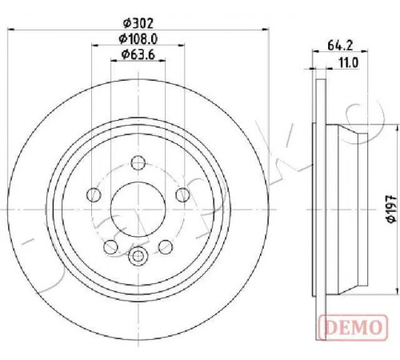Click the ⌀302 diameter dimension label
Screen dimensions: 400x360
pos(138,23)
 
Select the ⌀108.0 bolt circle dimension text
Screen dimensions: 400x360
pos(138,39)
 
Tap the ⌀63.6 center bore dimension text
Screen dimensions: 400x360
pos(138,54)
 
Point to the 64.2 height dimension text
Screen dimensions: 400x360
pos(340,46)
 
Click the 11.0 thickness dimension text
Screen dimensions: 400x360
pos(349,63)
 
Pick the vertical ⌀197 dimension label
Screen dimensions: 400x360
pos(391,209)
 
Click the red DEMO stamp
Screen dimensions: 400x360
pos(353,327)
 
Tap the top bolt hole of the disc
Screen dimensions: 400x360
pos(138,162)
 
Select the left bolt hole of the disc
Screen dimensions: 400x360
pos(94,194)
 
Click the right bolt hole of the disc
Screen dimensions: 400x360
pos(183,194)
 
